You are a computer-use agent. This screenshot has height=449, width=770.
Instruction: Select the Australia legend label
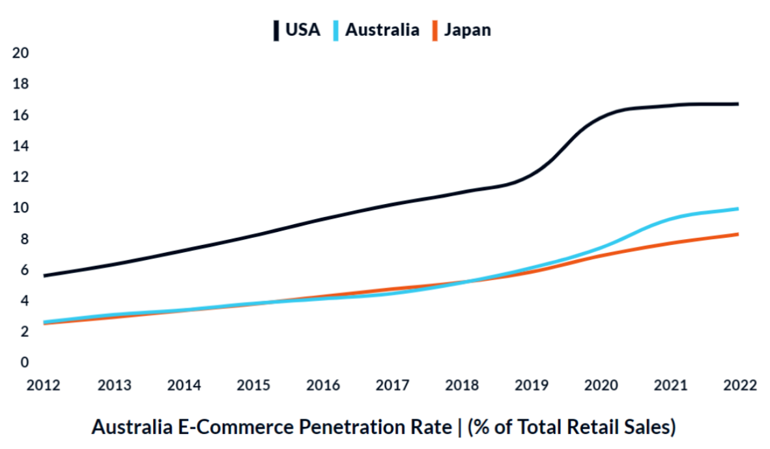click(382, 29)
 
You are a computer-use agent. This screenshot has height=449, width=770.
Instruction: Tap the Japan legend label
click(467, 29)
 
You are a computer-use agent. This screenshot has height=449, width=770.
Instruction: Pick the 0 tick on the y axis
click(25, 362)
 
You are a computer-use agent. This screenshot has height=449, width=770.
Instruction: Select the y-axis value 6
click(25, 270)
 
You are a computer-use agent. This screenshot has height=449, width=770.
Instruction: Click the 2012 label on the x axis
click(44, 385)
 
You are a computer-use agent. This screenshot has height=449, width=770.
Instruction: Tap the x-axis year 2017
click(392, 385)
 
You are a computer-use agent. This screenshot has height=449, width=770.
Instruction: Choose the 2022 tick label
click(739, 385)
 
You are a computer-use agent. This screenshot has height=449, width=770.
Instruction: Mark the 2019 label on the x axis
click(532, 385)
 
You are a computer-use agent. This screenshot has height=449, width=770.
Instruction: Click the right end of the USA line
click(737, 104)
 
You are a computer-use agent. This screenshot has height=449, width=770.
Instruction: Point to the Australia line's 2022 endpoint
click(737, 209)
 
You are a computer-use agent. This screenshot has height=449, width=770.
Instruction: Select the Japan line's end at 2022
click(737, 234)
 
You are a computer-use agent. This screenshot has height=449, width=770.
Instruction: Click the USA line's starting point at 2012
click(44, 276)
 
